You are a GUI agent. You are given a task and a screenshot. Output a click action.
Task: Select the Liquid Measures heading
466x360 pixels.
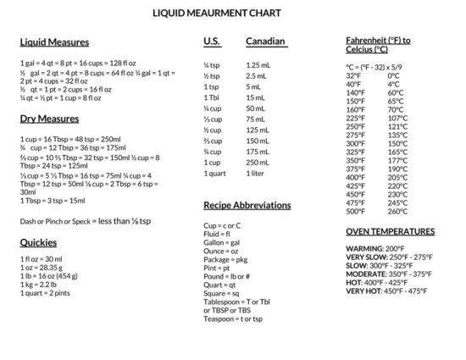tap(54, 42)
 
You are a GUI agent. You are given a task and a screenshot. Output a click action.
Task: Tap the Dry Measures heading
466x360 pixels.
tap(49, 119)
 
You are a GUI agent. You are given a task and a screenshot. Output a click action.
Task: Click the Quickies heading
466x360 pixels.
tap(38, 242)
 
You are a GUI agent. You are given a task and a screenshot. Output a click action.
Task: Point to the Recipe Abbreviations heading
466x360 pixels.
tap(247, 205)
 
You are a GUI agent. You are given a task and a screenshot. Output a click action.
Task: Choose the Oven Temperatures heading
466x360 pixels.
tap(390, 231)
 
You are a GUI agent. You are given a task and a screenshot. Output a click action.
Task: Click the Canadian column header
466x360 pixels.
tap(266, 41)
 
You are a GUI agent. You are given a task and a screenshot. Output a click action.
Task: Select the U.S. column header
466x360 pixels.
tap(212, 41)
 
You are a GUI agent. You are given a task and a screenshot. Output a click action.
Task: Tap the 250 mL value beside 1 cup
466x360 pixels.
tap(258, 163)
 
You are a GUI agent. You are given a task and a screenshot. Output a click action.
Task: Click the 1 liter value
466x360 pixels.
tap(256, 174)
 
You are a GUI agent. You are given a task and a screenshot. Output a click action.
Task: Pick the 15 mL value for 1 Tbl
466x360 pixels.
tap(255, 97)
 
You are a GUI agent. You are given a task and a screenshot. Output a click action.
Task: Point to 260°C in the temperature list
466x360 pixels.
tap(397, 212)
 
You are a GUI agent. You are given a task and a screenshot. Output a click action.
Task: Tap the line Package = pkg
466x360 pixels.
tap(225, 259)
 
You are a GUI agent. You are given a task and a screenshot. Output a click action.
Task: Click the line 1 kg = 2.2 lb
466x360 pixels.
tap(38, 284)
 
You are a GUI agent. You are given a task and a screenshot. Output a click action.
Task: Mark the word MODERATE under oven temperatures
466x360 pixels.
tap(366, 274)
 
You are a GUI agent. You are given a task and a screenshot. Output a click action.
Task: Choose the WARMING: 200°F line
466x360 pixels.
tap(375, 249)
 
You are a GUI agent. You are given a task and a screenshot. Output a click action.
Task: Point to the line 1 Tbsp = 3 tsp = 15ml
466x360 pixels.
tap(53, 201)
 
